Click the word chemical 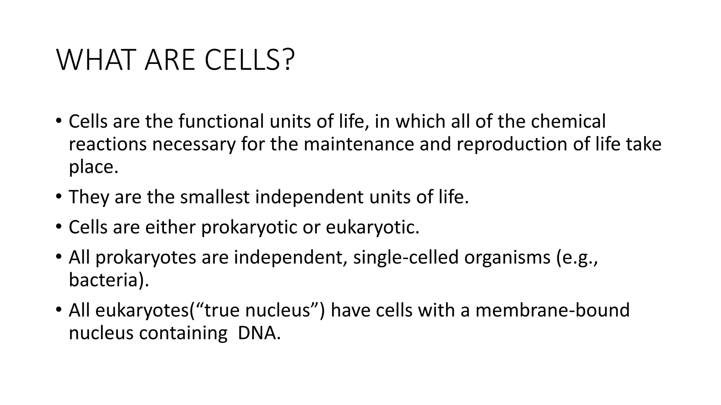(568, 121)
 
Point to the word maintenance (359, 144)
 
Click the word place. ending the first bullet (93, 167)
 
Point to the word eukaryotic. (372, 227)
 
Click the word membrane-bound (552, 310)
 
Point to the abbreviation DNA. (259, 333)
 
